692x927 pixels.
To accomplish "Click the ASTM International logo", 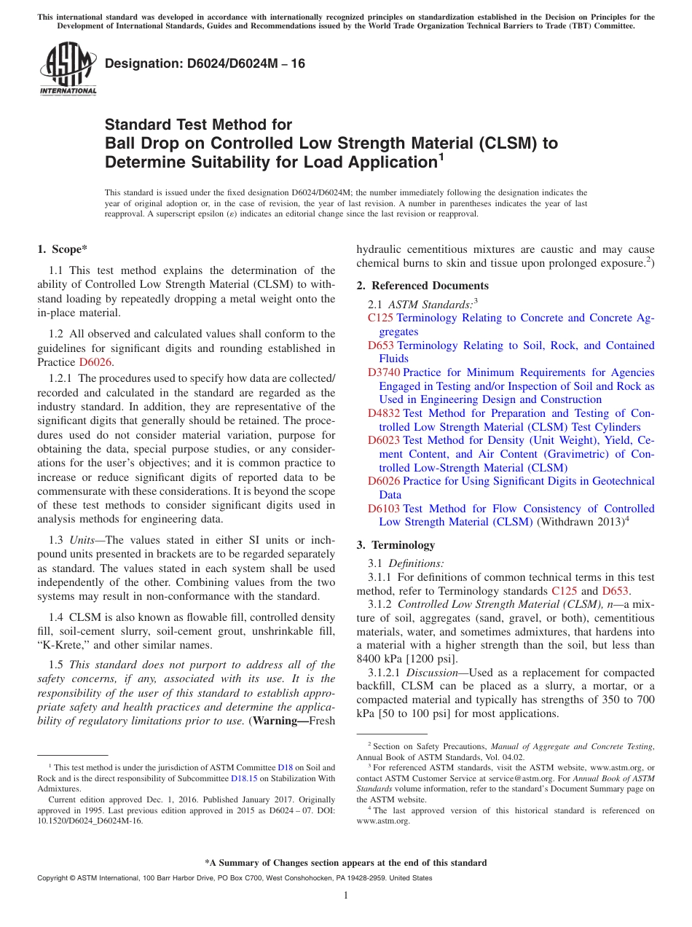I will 68,70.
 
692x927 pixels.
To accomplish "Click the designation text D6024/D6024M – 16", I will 205,64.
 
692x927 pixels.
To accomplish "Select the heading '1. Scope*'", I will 63,249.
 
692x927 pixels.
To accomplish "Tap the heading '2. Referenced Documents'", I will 422,286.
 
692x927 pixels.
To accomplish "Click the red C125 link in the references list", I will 380,318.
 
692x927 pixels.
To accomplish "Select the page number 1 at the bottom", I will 346,895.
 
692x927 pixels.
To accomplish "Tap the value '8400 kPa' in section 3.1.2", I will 385,659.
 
